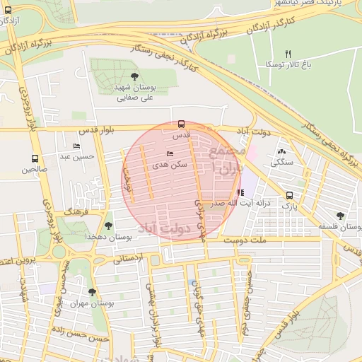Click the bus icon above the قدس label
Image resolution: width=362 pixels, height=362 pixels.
click(x=181, y=123)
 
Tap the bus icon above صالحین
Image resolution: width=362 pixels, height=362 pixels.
click(x=35, y=159)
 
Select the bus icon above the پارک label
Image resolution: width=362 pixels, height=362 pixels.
click(x=289, y=195)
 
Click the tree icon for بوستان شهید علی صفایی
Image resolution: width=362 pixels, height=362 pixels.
click(x=134, y=76)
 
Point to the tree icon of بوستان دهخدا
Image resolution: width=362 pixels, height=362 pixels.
click(x=107, y=226)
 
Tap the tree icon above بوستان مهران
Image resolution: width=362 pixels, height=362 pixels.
click(x=92, y=292)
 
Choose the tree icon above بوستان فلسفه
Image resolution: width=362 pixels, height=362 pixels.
click(x=341, y=216)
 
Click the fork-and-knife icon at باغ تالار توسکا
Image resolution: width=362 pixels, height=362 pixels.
click(x=287, y=54)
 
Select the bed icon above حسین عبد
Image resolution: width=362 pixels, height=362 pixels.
click(x=77, y=146)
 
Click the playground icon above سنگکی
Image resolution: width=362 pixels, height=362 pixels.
click(x=282, y=152)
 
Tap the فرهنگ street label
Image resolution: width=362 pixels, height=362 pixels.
click(x=76, y=211)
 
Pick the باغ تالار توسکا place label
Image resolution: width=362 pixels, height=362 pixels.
click(x=286, y=64)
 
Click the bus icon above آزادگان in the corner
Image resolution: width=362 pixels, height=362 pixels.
click(x=8, y=11)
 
